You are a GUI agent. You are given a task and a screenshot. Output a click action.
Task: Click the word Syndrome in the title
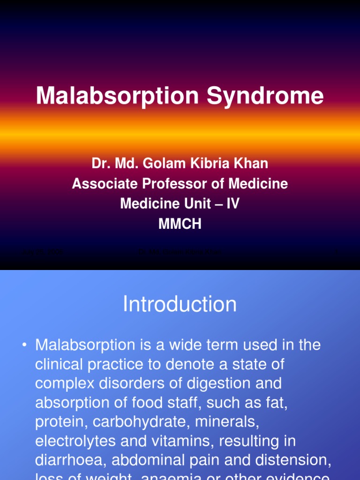265,96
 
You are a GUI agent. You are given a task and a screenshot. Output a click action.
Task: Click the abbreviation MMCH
180,224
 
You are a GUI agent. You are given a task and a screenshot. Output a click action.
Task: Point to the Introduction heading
180,305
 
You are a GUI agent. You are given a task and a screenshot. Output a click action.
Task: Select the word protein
61,422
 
